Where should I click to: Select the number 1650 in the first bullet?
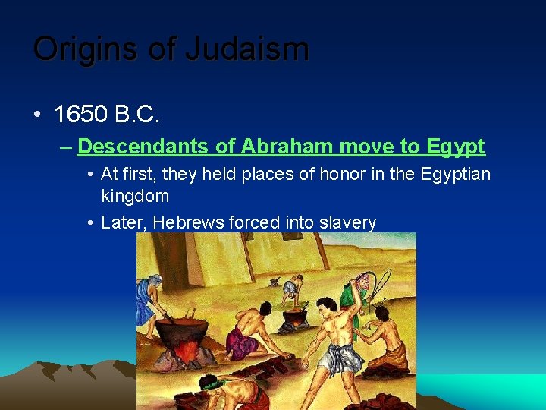coord(80,115)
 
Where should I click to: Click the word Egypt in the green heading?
coord(456,146)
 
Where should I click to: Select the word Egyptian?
coord(453,175)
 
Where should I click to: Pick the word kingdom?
coord(135,196)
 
